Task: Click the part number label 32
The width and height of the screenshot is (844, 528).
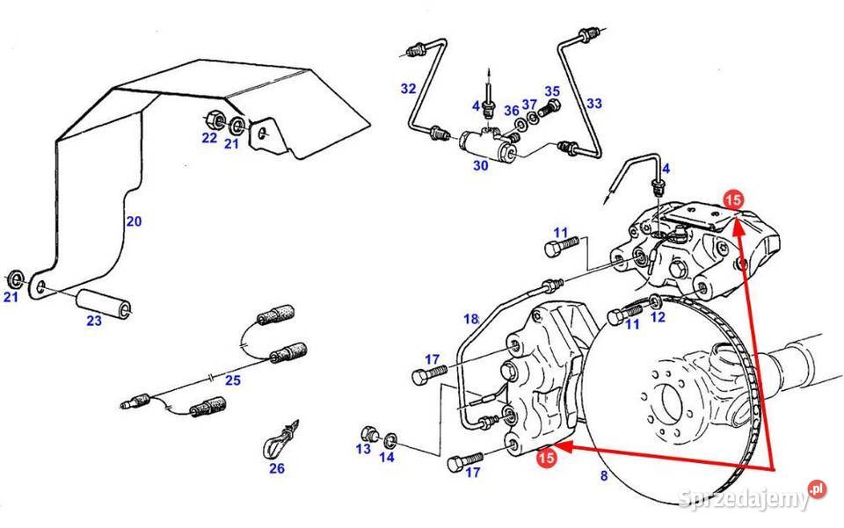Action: [x=408, y=89]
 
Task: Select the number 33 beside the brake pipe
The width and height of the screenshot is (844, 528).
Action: [x=594, y=104]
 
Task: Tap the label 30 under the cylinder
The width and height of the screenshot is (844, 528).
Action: [x=480, y=165]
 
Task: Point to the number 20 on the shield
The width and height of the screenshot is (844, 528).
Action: [x=133, y=221]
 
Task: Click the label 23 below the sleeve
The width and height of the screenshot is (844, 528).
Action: [x=94, y=321]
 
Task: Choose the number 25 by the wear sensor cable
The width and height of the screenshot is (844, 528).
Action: [x=232, y=380]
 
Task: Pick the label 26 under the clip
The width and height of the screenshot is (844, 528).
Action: [x=277, y=468]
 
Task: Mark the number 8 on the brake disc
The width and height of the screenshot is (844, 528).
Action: [x=604, y=477]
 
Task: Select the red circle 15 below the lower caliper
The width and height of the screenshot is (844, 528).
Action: [x=546, y=456]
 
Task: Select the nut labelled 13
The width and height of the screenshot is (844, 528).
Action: [x=370, y=434]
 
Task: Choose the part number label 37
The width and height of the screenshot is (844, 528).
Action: [x=529, y=105]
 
